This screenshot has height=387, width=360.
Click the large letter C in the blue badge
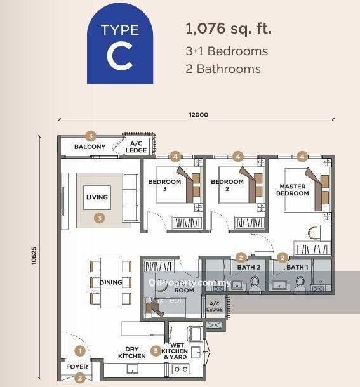point(119,56)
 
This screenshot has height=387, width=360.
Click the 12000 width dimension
point(197,115)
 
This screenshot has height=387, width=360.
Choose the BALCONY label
point(90,147)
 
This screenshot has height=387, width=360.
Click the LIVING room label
point(97,197)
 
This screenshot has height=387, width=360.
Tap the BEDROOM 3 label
point(164,185)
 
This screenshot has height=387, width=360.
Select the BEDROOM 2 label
point(227,185)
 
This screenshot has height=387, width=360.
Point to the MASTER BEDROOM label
point(292,190)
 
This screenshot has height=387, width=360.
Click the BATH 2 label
point(248,268)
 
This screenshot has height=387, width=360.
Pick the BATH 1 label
point(296,268)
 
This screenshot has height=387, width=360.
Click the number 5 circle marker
point(156,350)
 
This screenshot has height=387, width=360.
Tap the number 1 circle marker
point(80,350)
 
